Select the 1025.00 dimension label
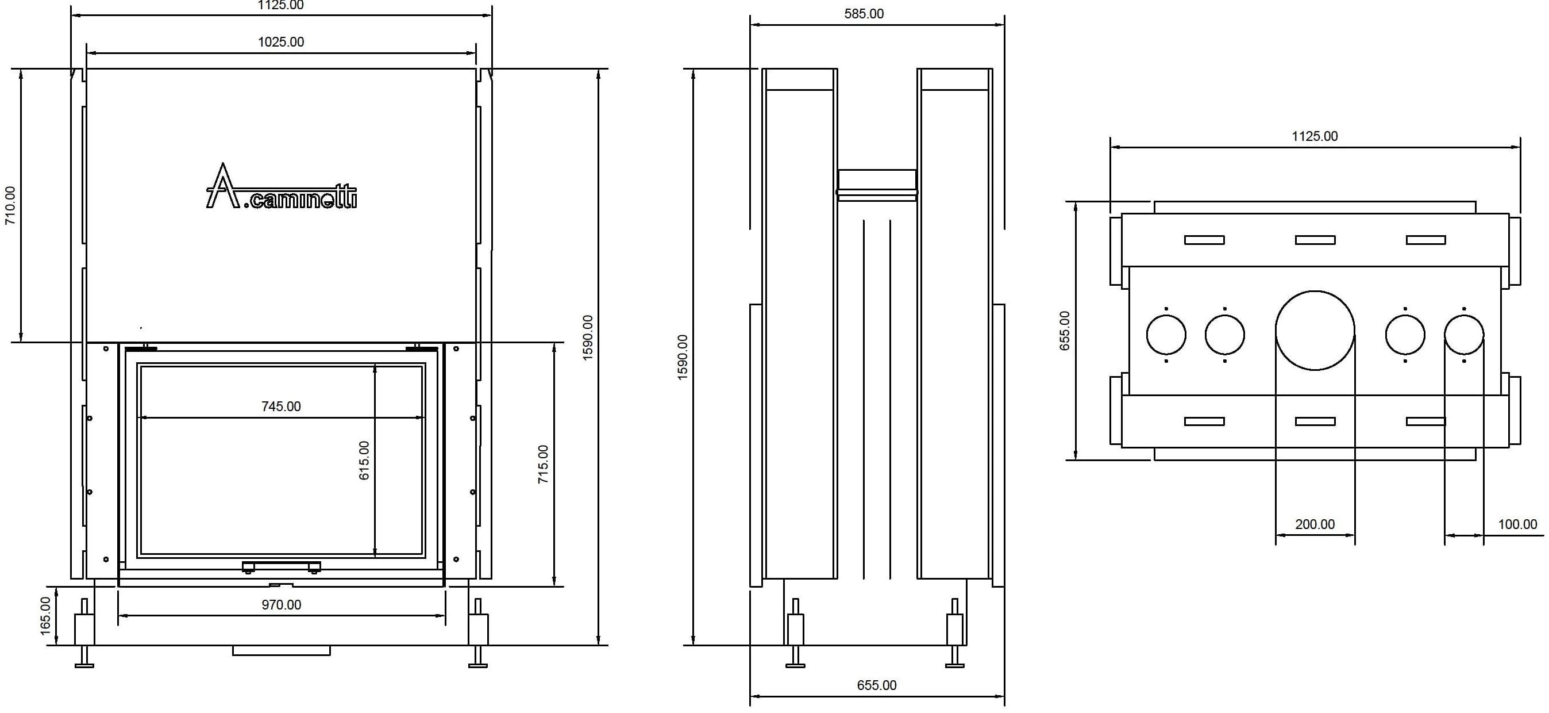point(281,42)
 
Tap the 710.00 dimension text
point(11,206)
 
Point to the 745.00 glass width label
point(281,407)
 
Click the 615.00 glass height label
point(364,461)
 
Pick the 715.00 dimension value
point(543,465)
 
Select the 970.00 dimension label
point(281,605)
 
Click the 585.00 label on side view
point(864,14)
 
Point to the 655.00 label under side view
point(877,685)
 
